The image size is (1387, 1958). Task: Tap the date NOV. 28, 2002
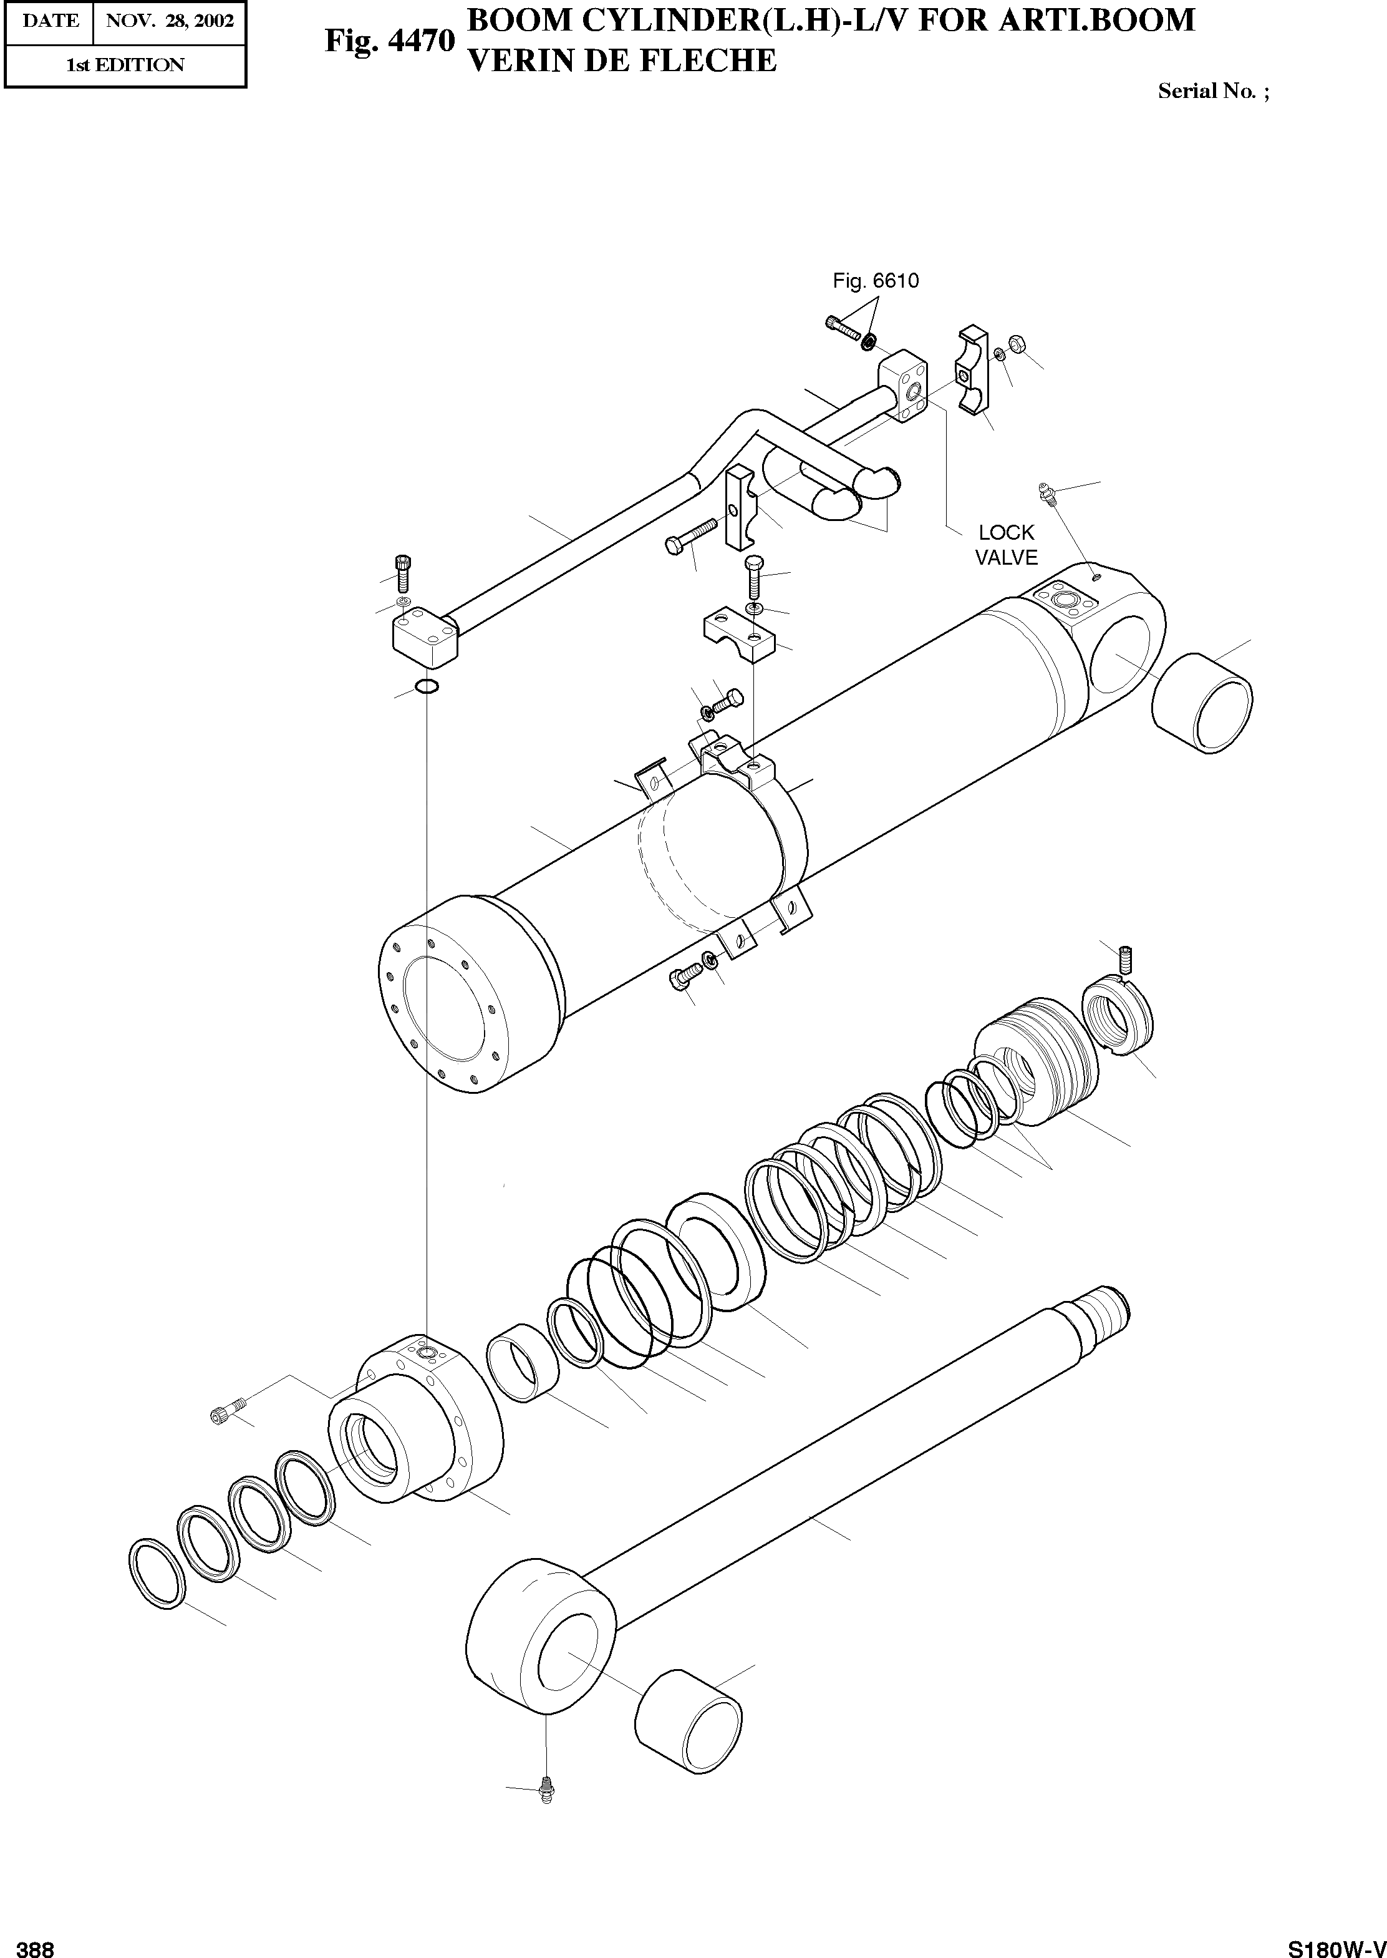coord(169,21)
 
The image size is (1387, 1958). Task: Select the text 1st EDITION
coord(125,65)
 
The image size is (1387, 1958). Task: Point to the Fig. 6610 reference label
coord(876,281)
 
